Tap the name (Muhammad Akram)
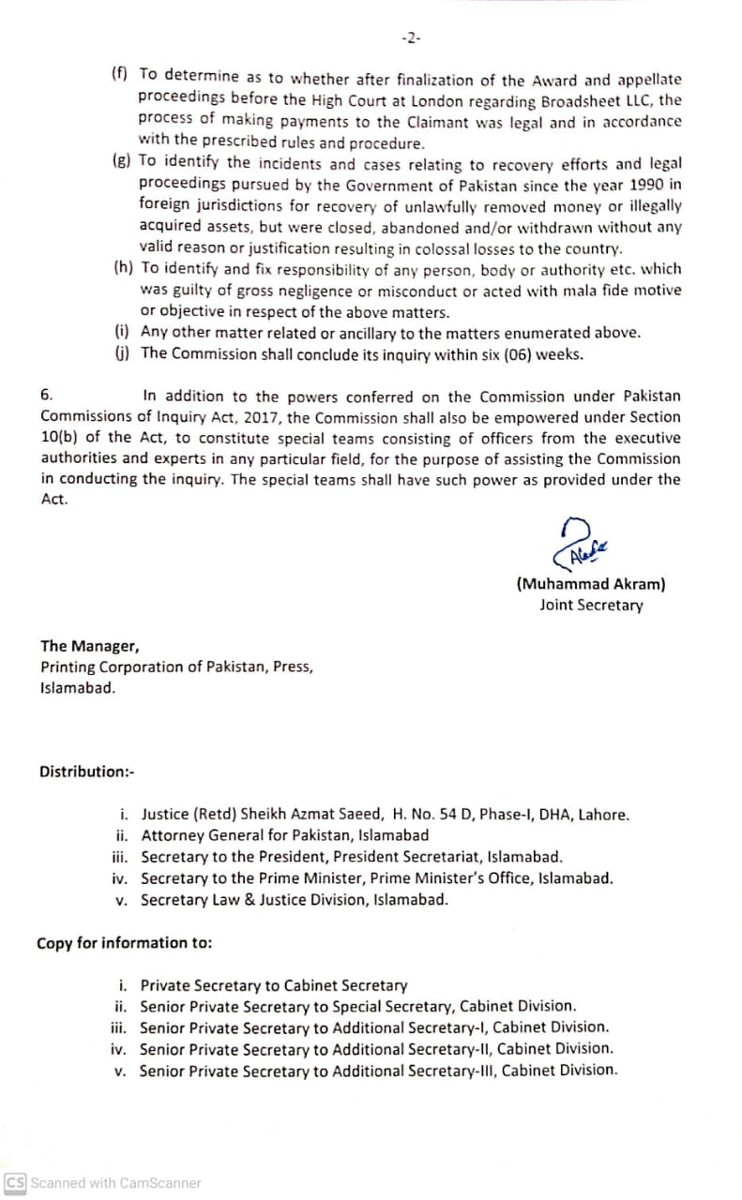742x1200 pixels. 590,583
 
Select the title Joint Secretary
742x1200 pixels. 591,605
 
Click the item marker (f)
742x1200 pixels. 120,73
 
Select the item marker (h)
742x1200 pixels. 123,269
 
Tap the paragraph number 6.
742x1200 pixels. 47,396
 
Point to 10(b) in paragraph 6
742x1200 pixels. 60,438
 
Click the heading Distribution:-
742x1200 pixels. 87,772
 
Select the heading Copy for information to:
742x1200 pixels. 124,943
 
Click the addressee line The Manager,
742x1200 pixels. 89,646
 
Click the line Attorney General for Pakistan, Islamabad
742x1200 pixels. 284,835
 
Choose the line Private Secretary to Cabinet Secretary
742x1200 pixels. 273,985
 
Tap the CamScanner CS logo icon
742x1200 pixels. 15,1182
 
